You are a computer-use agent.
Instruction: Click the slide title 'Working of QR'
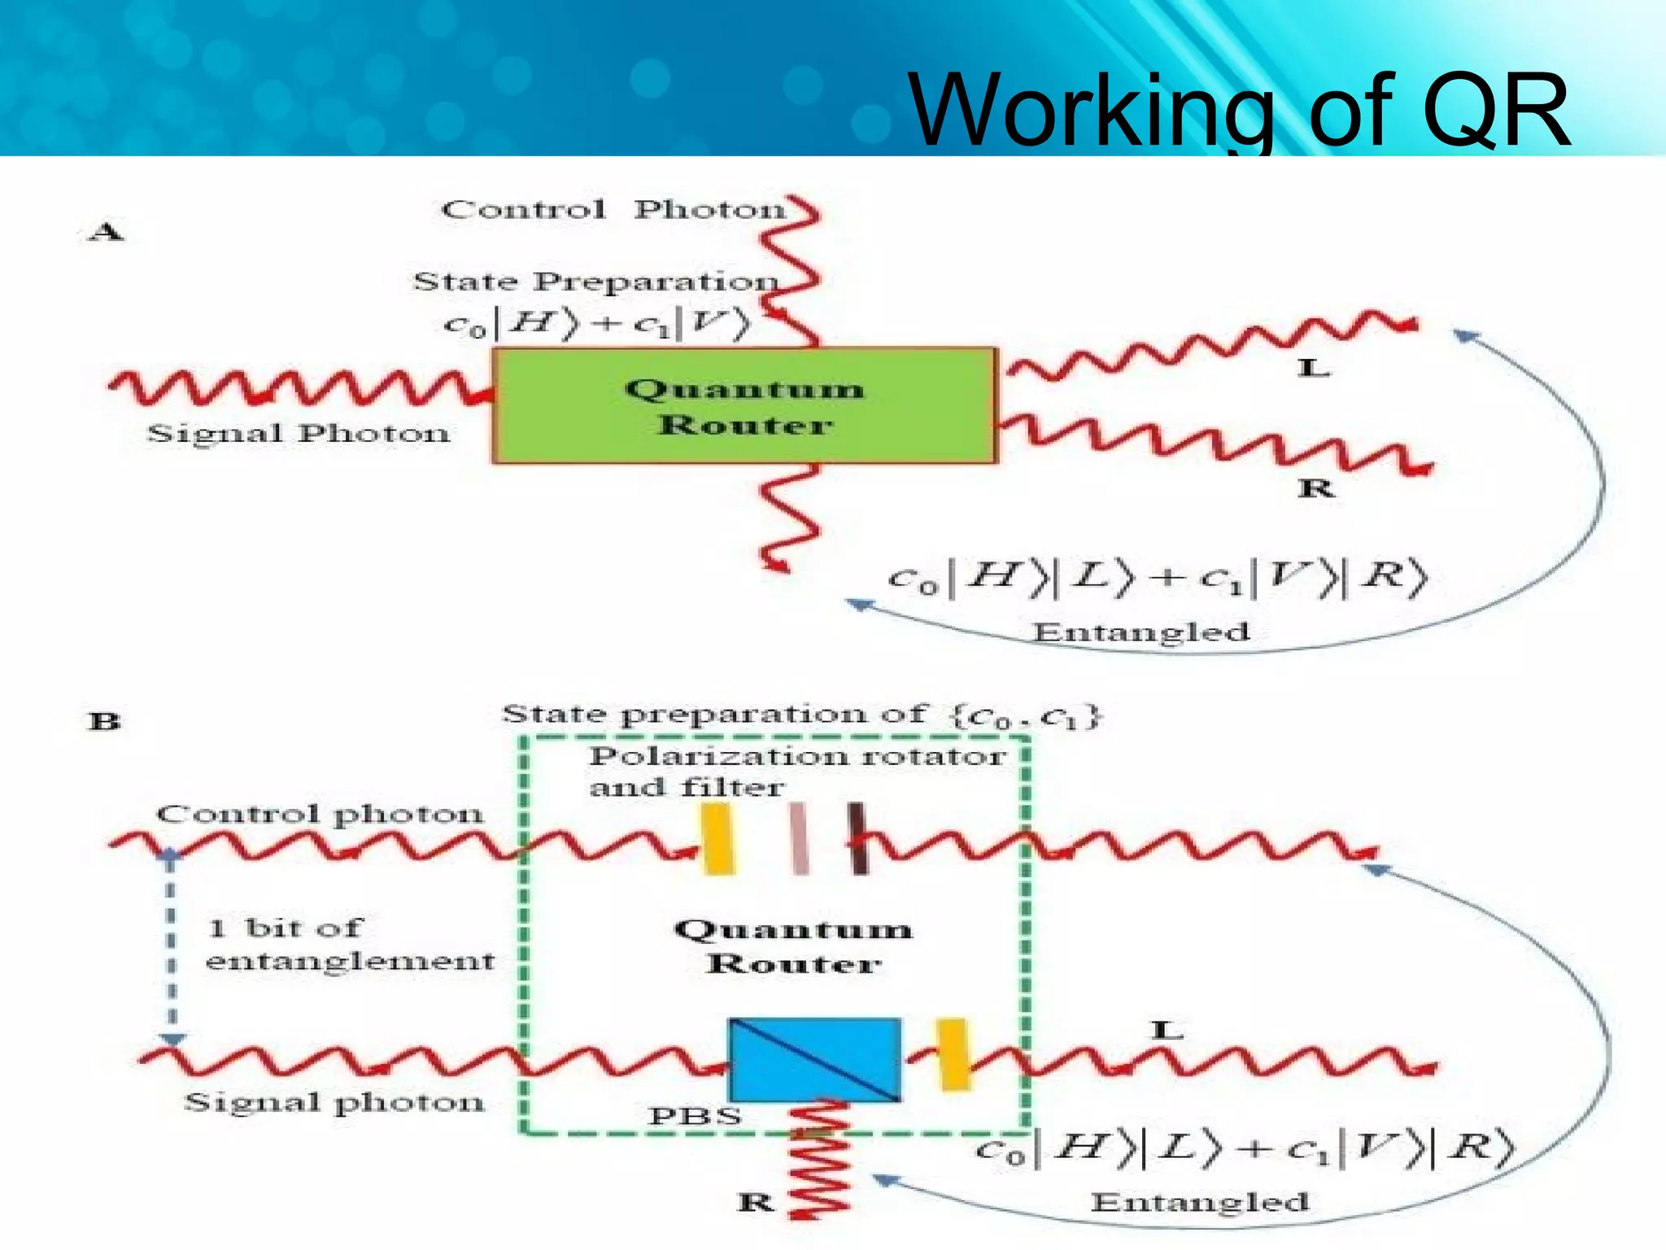tap(1238, 111)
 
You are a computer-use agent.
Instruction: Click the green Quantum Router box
tap(744, 406)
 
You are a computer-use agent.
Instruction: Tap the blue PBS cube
tap(814, 1060)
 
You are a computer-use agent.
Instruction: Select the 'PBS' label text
tap(695, 1116)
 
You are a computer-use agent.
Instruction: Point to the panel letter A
tap(106, 233)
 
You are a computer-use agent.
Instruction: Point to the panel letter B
tap(105, 722)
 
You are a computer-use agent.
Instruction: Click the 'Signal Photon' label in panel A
tap(298, 433)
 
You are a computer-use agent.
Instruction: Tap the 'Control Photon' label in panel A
tap(613, 210)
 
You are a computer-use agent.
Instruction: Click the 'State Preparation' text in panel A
tap(595, 282)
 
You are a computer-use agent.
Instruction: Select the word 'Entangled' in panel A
tap(1140, 632)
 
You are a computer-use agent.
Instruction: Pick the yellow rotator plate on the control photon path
tap(717, 839)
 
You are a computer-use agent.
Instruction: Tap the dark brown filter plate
tap(857, 839)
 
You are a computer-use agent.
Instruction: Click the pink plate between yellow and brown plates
tap(800, 839)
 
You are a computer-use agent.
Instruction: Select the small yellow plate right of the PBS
tap(953, 1054)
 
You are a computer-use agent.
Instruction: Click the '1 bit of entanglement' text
tap(350, 944)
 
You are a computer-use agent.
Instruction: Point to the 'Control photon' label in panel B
tap(320, 814)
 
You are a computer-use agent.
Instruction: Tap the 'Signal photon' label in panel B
tap(334, 1103)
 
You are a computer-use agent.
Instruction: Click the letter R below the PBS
tap(756, 1201)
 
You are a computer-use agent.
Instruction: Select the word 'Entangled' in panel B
tap(1199, 1202)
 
